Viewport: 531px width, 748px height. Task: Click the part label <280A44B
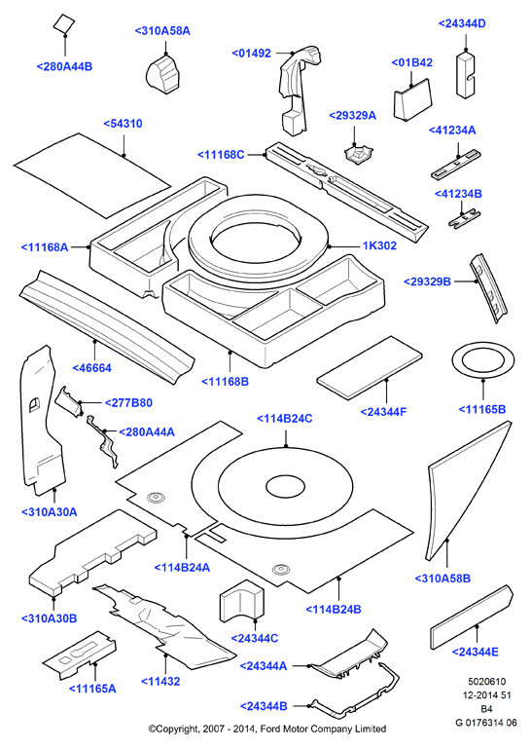[x=64, y=66]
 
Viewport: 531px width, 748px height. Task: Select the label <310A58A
[x=162, y=31]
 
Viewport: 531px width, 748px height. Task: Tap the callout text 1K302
[x=379, y=245]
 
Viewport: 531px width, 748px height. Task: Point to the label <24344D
[x=462, y=23]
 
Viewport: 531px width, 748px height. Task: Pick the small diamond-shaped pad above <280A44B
[x=64, y=23]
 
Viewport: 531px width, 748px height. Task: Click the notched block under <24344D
[x=465, y=74]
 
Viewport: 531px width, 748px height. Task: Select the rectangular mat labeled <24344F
[x=370, y=367]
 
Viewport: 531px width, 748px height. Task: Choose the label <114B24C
[x=285, y=419]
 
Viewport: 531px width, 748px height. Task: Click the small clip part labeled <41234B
[x=463, y=219]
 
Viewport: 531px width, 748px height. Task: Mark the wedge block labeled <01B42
[x=412, y=99]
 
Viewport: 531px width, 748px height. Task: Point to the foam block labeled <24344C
[x=241, y=601]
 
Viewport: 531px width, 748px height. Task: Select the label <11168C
[x=221, y=155]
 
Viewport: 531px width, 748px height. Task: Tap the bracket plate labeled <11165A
[x=80, y=654]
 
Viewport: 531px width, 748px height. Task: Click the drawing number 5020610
[x=486, y=682]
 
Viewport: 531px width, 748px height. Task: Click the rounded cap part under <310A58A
[x=162, y=73]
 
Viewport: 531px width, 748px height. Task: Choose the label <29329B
[x=427, y=281]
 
